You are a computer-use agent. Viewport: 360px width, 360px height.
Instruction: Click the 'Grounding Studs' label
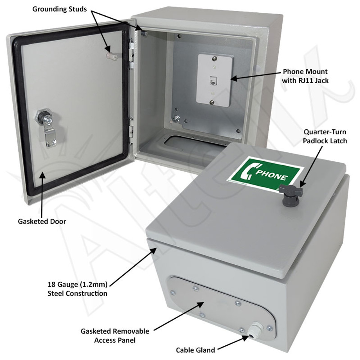point(60,9)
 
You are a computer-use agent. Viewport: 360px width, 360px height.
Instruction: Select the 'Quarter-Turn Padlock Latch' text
point(325,136)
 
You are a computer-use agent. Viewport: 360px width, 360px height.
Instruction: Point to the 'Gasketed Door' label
point(42,221)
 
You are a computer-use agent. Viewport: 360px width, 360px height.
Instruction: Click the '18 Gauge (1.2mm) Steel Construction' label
point(77,289)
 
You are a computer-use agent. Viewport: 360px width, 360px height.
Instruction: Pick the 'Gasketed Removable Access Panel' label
point(115,336)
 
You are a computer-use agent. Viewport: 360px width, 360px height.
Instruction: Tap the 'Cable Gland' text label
point(195,350)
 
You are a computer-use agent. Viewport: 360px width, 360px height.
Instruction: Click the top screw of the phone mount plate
point(213,58)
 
